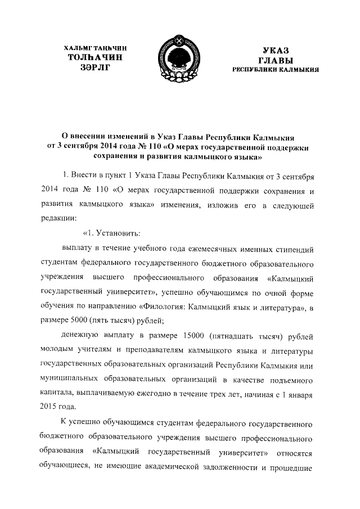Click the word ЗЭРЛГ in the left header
(x=93, y=68)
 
